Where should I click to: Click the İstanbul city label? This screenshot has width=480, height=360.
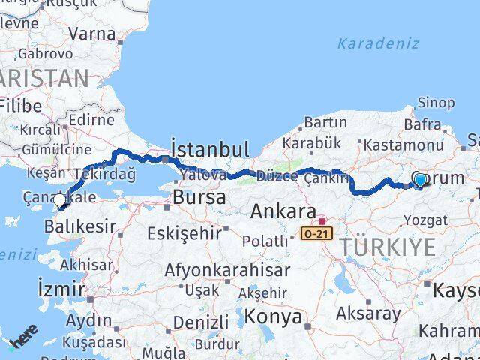point(209,148)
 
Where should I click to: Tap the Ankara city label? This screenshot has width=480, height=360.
point(283,211)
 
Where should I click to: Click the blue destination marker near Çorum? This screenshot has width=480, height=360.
point(420,180)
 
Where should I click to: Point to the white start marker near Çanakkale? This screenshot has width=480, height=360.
point(60,200)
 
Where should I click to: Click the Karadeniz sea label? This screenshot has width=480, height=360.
point(378,43)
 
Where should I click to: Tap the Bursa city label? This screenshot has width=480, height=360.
point(199,198)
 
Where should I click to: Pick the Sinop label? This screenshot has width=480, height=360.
point(436,103)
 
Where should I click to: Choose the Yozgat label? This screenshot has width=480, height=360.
point(425,220)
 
